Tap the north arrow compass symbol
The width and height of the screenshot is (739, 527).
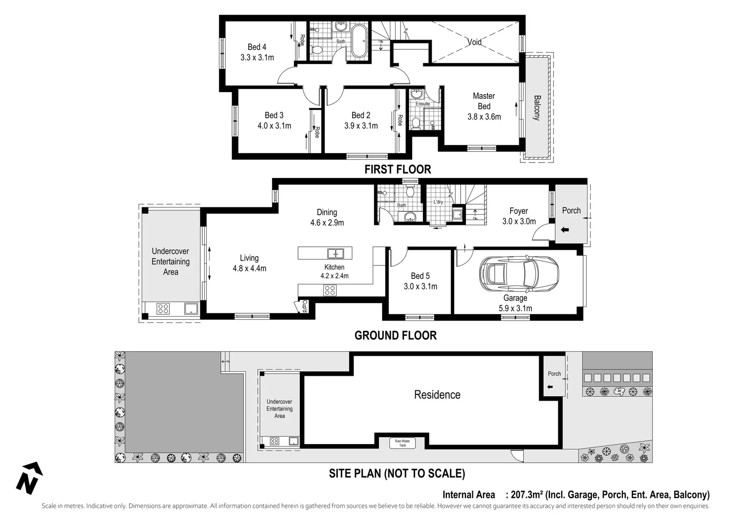[x=29, y=478]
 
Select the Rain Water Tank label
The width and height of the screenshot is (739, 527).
[x=402, y=443]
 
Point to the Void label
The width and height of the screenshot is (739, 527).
[x=474, y=42]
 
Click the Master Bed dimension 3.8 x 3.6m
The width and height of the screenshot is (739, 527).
[x=484, y=117]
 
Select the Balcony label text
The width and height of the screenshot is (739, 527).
[x=537, y=107]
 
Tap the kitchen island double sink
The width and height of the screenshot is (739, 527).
[x=336, y=253]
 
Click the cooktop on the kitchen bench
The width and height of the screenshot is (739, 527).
[x=330, y=290]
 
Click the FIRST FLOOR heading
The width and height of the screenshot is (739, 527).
[x=398, y=169]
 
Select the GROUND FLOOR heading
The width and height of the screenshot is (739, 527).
[x=395, y=335]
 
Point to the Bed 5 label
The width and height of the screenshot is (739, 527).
[x=420, y=276]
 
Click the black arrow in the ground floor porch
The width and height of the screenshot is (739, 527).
[x=565, y=230]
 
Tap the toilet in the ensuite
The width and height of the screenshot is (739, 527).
[x=416, y=122]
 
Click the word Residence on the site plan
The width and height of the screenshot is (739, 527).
[x=437, y=395]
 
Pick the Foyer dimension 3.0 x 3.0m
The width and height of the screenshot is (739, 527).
[x=519, y=222]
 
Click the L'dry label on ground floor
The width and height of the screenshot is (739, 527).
[x=438, y=202]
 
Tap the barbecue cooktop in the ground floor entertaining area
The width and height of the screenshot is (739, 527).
[x=163, y=308]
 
